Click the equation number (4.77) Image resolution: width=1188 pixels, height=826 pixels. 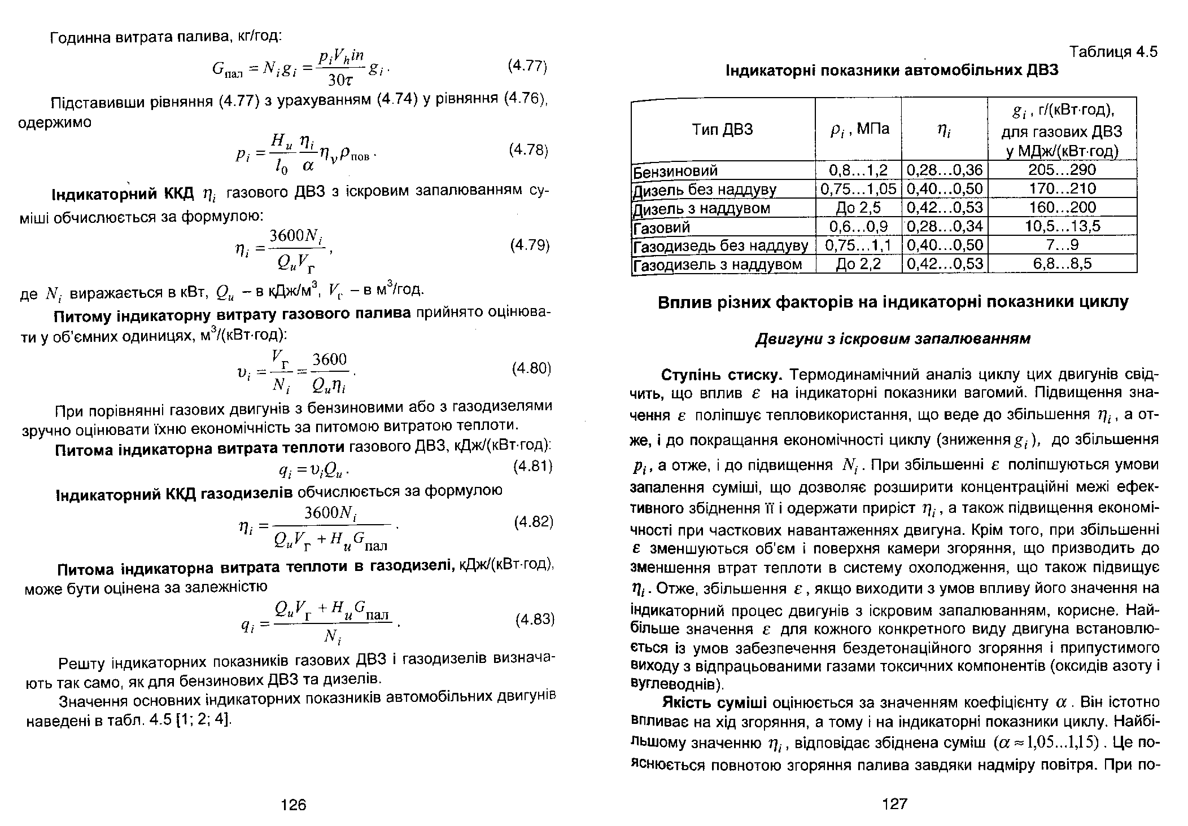coord(527,67)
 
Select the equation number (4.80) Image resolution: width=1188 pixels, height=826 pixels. coord(531,368)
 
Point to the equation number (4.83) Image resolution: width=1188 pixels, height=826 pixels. coord(534,620)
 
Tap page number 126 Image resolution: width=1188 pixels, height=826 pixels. coord(293,805)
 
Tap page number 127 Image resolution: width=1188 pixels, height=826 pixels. coord(894,804)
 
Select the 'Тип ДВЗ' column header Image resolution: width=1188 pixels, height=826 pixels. coord(722,130)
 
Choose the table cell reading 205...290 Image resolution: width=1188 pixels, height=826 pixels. coord(1062,170)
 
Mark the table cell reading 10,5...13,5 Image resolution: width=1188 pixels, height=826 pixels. coord(1063,226)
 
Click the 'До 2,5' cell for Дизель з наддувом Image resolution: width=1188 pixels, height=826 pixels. coord(858,208)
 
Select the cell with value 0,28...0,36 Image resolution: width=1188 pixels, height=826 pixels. coord(945,170)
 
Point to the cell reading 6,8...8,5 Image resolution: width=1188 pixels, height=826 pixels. coord(1062,263)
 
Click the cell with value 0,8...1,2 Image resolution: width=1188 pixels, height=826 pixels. coord(858,170)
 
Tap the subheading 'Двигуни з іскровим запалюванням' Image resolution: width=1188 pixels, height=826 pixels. coord(893,339)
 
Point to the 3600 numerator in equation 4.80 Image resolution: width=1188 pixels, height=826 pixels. coord(330,360)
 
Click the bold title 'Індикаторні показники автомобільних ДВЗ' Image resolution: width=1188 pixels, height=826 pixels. coord(892,71)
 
